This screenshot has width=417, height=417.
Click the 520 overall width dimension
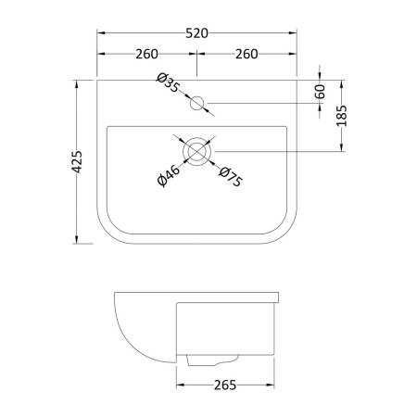[196, 33]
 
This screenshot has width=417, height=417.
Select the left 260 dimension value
[146, 54]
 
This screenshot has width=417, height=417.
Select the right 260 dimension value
[246, 54]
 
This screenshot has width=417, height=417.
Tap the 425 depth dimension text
[77, 161]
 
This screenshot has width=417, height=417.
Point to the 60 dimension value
[321, 92]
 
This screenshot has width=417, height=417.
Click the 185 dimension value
[342, 116]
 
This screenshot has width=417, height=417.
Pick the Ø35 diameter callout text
[168, 82]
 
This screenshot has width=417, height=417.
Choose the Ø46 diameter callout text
[169, 176]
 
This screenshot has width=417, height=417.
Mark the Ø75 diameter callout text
[231, 177]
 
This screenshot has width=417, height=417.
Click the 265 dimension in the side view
[225, 385]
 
